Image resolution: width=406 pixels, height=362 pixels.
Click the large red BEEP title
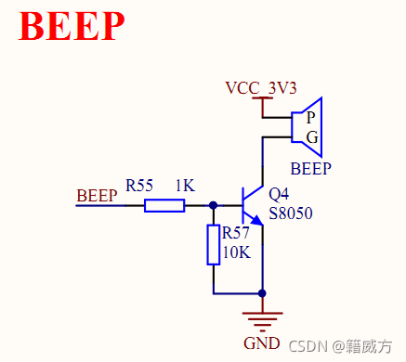(x=72, y=27)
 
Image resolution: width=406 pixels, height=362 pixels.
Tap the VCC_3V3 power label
(x=262, y=88)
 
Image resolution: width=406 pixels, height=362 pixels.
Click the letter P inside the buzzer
(x=310, y=118)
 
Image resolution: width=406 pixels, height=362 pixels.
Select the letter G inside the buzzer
(x=310, y=137)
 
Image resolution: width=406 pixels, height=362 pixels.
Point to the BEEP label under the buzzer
(x=310, y=169)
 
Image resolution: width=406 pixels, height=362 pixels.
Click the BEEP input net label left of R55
(x=97, y=196)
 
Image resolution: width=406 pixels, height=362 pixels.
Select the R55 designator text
(x=140, y=186)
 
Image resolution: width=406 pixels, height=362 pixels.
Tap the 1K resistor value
(x=185, y=186)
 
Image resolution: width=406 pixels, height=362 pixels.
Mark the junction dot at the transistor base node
(x=214, y=205)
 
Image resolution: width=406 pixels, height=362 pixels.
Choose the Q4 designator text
(x=279, y=195)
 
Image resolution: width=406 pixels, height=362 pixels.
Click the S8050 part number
(x=290, y=214)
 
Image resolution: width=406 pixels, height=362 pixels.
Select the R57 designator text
(x=236, y=234)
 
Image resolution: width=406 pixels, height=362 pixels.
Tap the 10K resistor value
(x=236, y=252)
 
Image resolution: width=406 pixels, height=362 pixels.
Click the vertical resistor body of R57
(x=214, y=244)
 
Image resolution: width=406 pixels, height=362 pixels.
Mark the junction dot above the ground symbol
(x=263, y=293)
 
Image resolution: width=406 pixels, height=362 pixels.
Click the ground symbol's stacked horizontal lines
(x=263, y=320)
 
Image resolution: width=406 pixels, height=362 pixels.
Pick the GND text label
(x=261, y=343)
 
